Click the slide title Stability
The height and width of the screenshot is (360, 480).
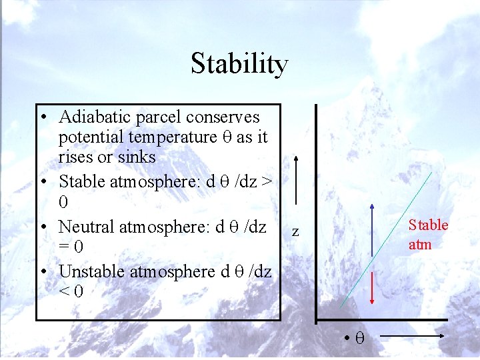click(x=239, y=64)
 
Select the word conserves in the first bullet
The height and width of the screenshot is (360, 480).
click(x=223, y=117)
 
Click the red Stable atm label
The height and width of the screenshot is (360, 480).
click(x=427, y=235)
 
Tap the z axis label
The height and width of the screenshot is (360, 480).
click(x=295, y=232)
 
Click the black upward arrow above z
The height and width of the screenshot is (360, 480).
click(x=295, y=180)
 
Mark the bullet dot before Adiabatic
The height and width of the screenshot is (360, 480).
click(x=43, y=118)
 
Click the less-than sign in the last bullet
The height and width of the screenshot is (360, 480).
click(x=64, y=291)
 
